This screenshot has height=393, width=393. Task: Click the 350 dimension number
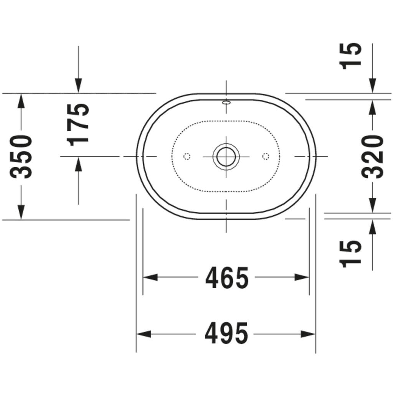pyautogui.click(x=20, y=157)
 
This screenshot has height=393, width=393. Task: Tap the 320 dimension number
pyautogui.click(x=372, y=157)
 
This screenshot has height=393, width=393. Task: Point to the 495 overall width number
pyautogui.click(x=227, y=334)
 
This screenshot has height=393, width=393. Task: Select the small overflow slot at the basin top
pyautogui.click(x=226, y=102)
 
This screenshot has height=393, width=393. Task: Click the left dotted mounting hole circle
pyautogui.click(x=187, y=156)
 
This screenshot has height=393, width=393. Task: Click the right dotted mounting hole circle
pyautogui.click(x=265, y=156)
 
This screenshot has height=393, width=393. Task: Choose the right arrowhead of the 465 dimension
pyautogui.click(x=302, y=277)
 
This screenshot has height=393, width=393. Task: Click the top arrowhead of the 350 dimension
pyautogui.click(x=21, y=101)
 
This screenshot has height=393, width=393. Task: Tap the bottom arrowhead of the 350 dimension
pyautogui.click(x=21, y=212)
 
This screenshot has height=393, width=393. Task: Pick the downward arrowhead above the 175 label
pyautogui.click(x=78, y=85)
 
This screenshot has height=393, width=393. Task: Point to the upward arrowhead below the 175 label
pyautogui.click(x=78, y=164)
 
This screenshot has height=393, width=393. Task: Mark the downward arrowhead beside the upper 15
pyautogui.click(x=372, y=85)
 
